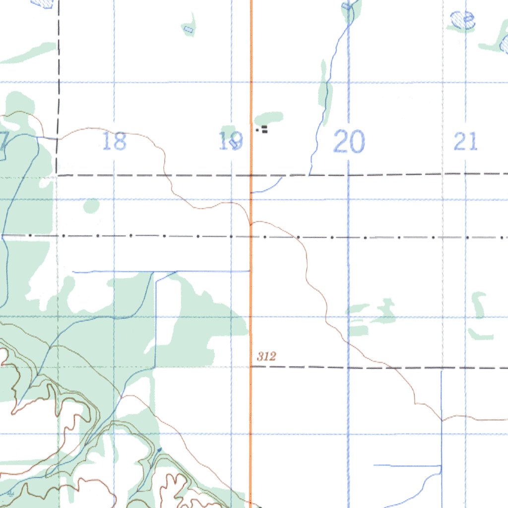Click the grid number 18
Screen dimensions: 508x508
114,141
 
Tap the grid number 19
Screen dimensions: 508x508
231,141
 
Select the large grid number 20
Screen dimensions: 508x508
349,141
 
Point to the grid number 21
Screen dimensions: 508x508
465,142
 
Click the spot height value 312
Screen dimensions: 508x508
266,356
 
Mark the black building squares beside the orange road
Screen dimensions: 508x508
264,130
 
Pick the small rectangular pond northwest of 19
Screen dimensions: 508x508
188,29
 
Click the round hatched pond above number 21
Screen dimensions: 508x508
462,20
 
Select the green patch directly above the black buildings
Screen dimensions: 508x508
269,118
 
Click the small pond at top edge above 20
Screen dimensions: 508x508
346,6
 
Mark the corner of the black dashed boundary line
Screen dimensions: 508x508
58,175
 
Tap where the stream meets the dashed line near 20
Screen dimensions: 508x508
310,175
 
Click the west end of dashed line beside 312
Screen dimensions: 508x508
253,367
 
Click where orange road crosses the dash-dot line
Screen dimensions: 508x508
251,236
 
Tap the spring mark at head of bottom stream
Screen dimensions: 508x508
159,449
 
